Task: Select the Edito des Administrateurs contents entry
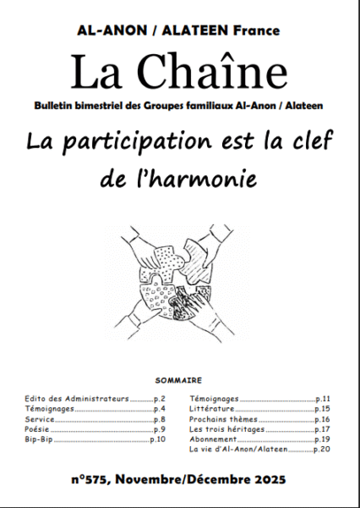click(x=76, y=397)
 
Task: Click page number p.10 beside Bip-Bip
click(x=158, y=440)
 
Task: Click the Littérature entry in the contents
click(x=213, y=408)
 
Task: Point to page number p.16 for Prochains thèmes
click(x=322, y=419)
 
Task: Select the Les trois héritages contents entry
click(x=226, y=429)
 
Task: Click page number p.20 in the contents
click(x=322, y=450)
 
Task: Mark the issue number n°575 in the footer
click(x=93, y=479)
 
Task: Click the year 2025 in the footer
click(x=270, y=479)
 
